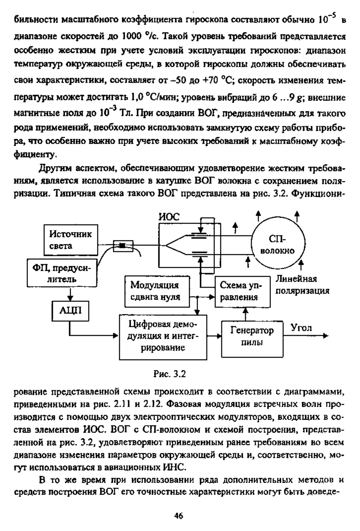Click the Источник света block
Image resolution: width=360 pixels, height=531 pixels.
71,240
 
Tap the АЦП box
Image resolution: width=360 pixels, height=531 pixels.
70,310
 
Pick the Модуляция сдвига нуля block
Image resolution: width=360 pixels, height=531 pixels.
157,291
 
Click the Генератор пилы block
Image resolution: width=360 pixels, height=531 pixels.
252,336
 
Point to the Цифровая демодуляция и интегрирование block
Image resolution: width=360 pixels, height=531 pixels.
163,336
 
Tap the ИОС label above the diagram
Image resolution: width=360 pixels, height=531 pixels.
169,216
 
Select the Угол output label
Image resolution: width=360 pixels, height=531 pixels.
301,328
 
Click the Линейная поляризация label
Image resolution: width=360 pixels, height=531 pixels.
302,285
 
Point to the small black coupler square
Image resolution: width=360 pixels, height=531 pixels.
122,246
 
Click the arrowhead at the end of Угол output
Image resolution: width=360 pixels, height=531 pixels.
325,336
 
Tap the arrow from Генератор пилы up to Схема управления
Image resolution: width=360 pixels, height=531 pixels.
246,314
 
